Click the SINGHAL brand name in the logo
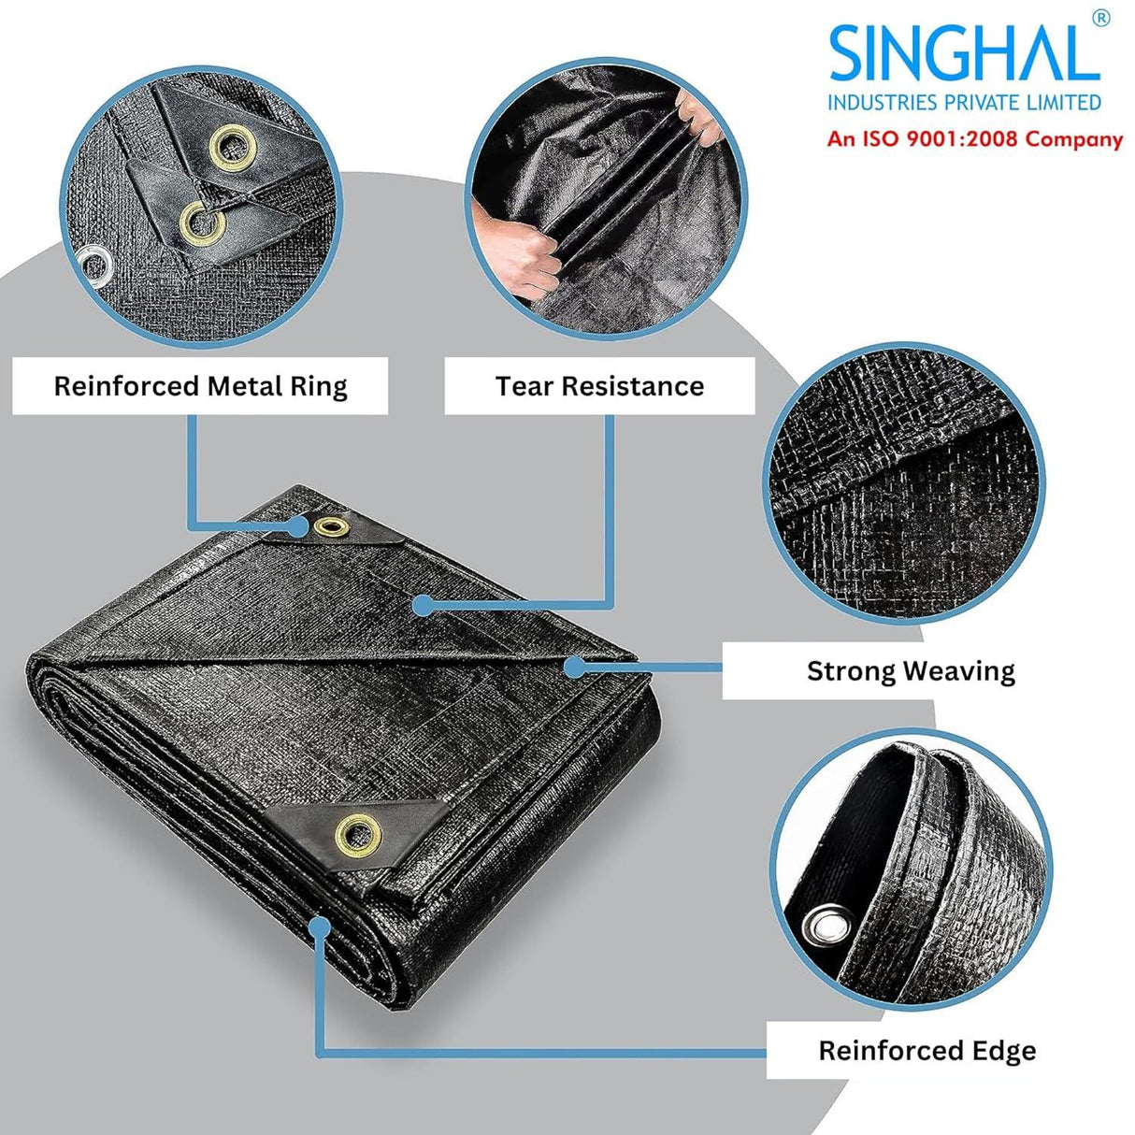[x=963, y=54]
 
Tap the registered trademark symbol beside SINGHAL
[x=1100, y=19]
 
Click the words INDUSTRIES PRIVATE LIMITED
[x=964, y=102]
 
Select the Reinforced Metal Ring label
[x=200, y=386]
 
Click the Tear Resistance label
[x=599, y=386]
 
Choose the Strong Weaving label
[x=911, y=671]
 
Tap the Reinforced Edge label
[x=927, y=1051]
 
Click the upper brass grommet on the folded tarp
[x=331, y=527]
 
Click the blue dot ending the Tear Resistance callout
[x=423, y=606]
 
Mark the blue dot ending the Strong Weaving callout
[x=576, y=666]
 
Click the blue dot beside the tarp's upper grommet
[x=298, y=527]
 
